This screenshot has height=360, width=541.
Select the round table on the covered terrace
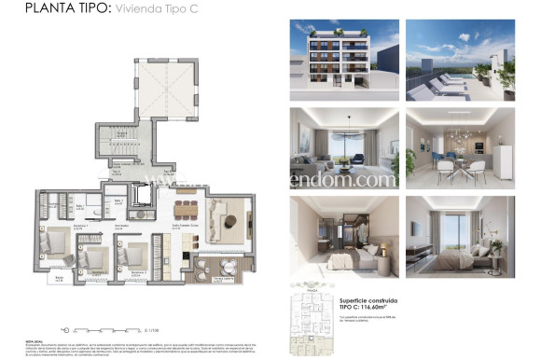(x=222, y=265)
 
